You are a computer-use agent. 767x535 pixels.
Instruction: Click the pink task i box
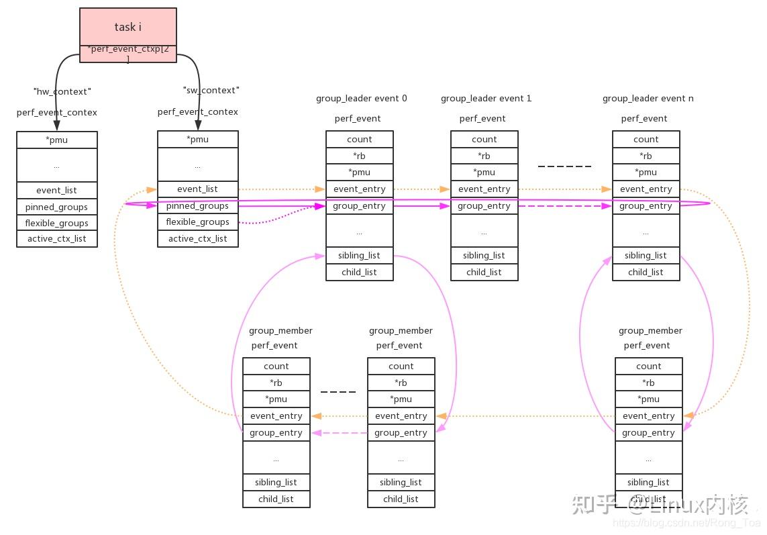pos(127,28)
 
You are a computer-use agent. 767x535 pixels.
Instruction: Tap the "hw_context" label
pos(62,91)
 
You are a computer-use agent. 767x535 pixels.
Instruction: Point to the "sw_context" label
pos(211,90)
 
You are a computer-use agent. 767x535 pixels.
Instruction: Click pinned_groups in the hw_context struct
pos(56,207)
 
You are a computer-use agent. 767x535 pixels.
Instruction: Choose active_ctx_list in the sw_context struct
pos(197,238)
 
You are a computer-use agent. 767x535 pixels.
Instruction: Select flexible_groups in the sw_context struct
pos(197,222)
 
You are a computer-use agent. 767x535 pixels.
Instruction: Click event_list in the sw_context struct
pos(197,189)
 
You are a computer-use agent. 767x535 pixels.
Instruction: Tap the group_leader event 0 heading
pos(361,98)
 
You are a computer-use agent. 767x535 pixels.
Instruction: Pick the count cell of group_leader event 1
pos(484,140)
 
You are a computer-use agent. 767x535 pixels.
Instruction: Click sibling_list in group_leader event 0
pos(359,256)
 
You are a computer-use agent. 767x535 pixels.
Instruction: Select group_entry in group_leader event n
pos(646,206)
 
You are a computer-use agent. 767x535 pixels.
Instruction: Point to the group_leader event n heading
pos(648,98)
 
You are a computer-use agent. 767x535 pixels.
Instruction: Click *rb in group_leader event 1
pos(484,156)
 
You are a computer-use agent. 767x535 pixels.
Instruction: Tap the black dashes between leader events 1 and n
pos(564,166)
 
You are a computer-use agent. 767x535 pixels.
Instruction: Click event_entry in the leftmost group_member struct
pos(276,416)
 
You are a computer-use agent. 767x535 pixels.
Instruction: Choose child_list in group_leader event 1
pos(484,272)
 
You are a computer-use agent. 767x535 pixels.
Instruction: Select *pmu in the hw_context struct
pos(56,140)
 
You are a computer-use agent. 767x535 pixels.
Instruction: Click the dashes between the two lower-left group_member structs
pos(338,391)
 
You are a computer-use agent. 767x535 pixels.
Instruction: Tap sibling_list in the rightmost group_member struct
pos(648,482)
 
